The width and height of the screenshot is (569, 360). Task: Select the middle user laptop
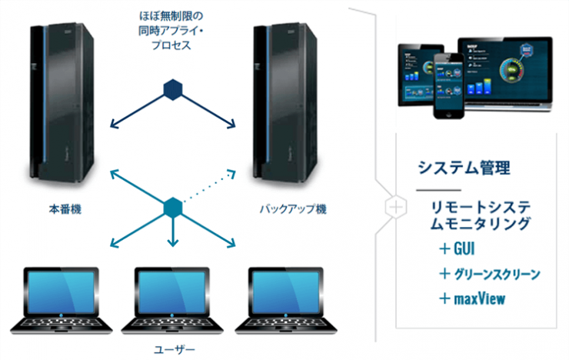click(172, 299)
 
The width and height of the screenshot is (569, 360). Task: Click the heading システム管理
click(464, 167)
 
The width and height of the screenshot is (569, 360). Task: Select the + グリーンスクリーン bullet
click(489, 273)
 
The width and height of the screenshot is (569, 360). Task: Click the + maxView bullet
click(472, 298)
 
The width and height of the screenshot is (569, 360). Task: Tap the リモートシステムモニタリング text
click(481, 215)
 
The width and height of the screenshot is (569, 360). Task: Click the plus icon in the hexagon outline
click(395, 207)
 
